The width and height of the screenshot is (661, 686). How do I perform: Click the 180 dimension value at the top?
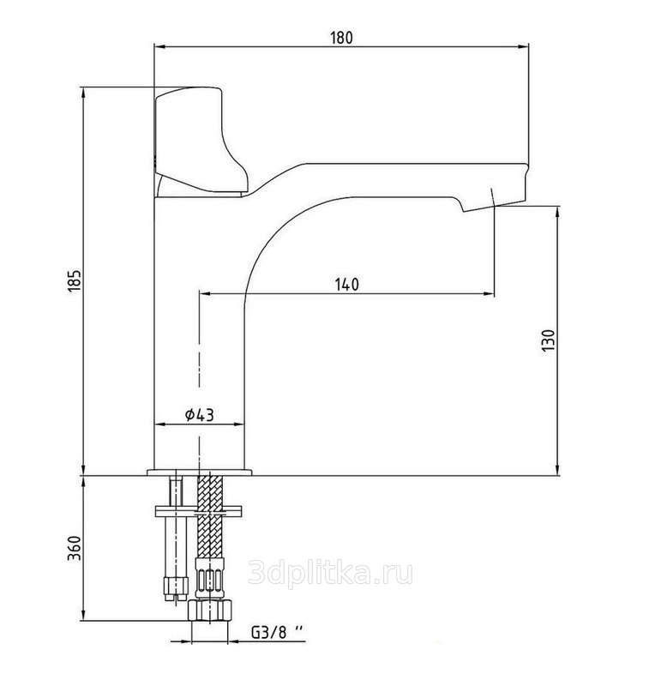341,38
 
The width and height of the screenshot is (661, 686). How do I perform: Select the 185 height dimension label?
75,281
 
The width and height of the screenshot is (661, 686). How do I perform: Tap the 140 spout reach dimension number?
347,285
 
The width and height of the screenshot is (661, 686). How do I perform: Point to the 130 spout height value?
549,340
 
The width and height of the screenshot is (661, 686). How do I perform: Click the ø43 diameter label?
200,414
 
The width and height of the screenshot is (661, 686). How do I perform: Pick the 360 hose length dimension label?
75,548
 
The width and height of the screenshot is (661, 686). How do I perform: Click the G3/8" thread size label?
277,632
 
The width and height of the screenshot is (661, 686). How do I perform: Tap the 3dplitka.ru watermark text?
331,573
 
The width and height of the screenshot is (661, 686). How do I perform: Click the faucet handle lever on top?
199,140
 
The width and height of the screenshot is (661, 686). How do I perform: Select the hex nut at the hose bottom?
209,611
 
